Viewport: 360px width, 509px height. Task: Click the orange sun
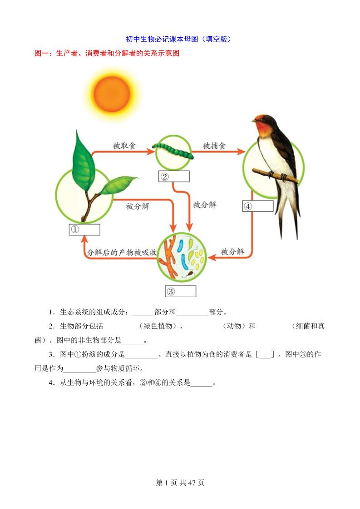pos(112,94)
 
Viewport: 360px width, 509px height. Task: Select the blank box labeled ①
pos(84,230)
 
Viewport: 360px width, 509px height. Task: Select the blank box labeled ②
pos(173,176)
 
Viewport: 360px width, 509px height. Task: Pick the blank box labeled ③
pos(180,291)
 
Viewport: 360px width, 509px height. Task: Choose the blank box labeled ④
pos(257,206)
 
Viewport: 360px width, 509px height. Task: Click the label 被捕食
pos(214,146)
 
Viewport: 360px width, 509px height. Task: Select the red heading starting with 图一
pos(107,53)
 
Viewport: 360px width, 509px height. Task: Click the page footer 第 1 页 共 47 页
pos(180,483)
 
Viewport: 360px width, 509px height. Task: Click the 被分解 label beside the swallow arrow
pos(232,251)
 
